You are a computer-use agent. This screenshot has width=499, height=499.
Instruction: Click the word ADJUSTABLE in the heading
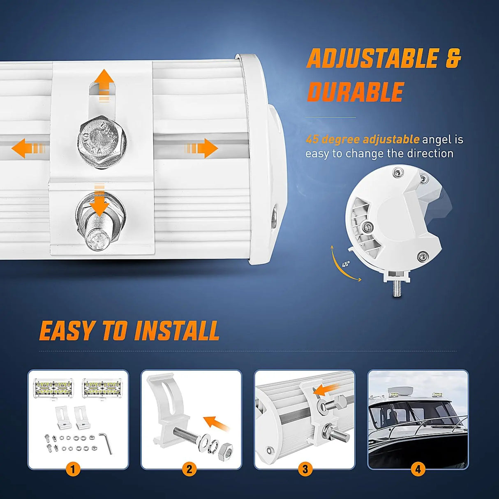click(x=372, y=59)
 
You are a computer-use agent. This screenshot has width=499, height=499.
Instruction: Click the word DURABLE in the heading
click(x=356, y=92)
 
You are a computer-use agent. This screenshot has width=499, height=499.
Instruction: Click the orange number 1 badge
click(x=73, y=469)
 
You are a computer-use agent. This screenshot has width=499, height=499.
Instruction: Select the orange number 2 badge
click(x=189, y=469)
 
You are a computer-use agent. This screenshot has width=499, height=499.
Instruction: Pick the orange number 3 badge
click(x=305, y=469)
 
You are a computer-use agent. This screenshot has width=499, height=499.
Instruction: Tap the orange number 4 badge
click(x=418, y=469)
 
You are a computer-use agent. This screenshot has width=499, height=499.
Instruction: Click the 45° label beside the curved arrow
click(x=346, y=264)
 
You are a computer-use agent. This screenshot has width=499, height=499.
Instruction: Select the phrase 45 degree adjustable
click(x=362, y=139)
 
